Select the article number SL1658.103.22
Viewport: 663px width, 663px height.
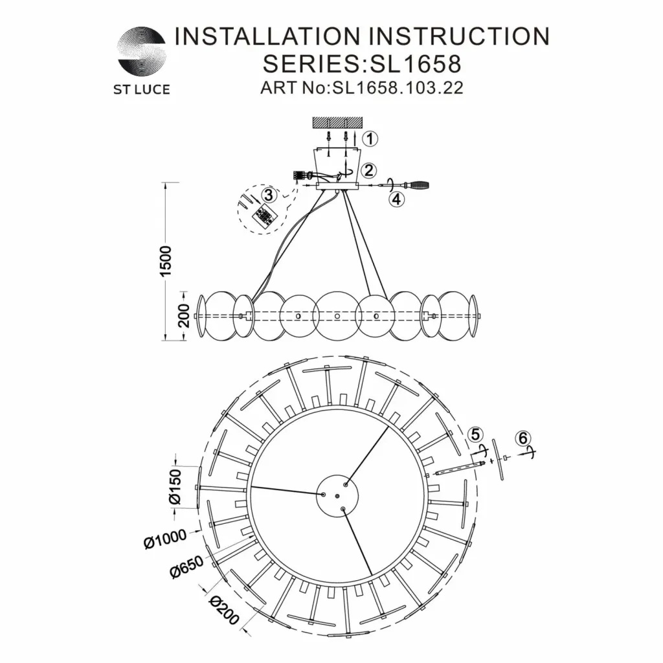point(398,87)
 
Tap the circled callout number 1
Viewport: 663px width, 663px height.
point(370,138)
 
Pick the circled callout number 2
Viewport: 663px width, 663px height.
point(369,171)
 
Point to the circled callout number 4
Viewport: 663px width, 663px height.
point(396,199)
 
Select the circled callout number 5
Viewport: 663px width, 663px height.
point(476,434)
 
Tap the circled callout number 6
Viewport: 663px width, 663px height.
point(523,438)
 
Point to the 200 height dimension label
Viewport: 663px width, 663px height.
point(183,315)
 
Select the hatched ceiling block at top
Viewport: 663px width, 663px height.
point(338,122)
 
